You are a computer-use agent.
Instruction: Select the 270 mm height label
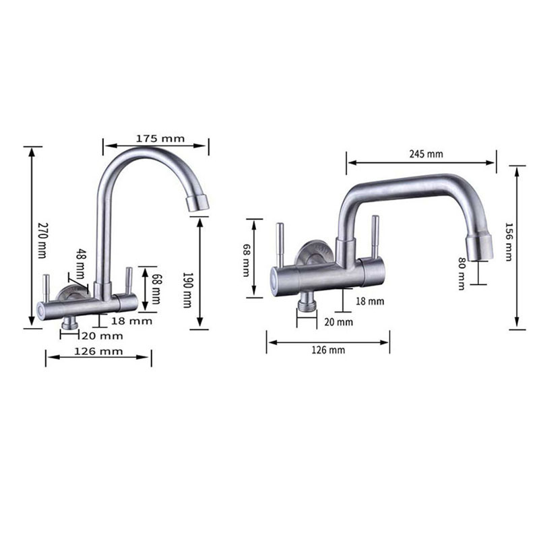pyautogui.click(x=41, y=239)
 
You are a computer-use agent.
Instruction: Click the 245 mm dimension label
pyautogui.click(x=426, y=154)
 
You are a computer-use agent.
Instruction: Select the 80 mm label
pyautogui.click(x=462, y=273)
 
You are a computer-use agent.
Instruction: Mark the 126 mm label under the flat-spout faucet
pyautogui.click(x=329, y=350)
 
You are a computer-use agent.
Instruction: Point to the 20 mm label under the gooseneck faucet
pyautogui.click(x=102, y=335)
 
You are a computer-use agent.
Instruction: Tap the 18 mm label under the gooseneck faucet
pyautogui.click(x=132, y=321)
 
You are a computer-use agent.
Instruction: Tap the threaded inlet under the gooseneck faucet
pyautogui.click(x=68, y=326)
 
